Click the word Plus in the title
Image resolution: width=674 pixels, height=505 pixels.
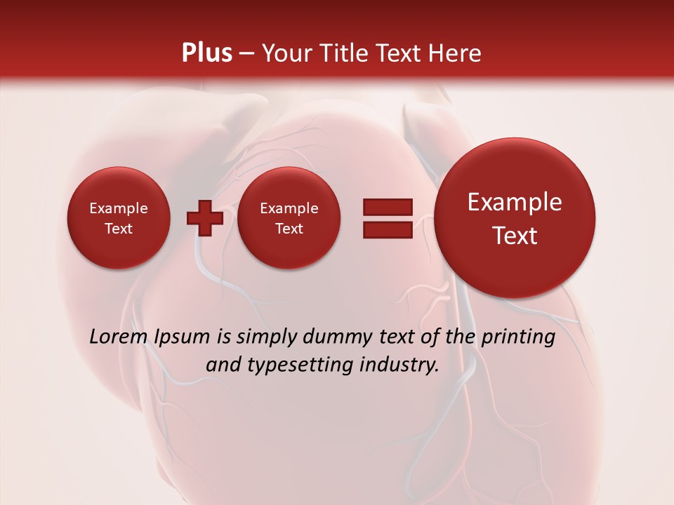pyautogui.click(x=206, y=53)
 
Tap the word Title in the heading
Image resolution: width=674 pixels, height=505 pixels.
pyautogui.click(x=343, y=53)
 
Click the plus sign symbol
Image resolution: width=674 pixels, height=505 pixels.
pyautogui.click(x=205, y=218)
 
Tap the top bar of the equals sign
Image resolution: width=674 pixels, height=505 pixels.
pyautogui.click(x=388, y=207)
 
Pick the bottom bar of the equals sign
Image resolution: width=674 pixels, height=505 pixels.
pyautogui.click(x=388, y=229)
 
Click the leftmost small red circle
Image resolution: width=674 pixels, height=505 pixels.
pyautogui.click(x=119, y=218)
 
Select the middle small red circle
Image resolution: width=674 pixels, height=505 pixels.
pyautogui.click(x=289, y=218)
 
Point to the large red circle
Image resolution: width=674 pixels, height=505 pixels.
pyautogui.click(x=515, y=218)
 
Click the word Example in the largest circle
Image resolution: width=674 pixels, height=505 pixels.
pyautogui.click(x=515, y=203)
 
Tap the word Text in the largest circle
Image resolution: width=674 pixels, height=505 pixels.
pyautogui.click(x=515, y=236)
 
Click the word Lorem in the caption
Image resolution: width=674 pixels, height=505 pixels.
pyautogui.click(x=119, y=337)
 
